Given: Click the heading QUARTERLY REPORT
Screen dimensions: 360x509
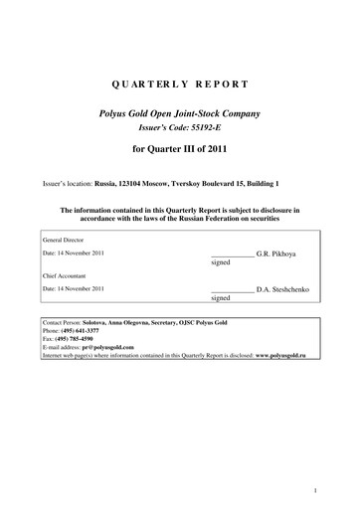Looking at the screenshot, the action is coord(181,86).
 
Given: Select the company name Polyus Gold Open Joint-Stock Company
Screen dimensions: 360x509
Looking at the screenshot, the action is coord(180,115).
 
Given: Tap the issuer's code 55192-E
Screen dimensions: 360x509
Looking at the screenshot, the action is coord(214,129).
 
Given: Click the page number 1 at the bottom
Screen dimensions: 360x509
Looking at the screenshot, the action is coord(313,489).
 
